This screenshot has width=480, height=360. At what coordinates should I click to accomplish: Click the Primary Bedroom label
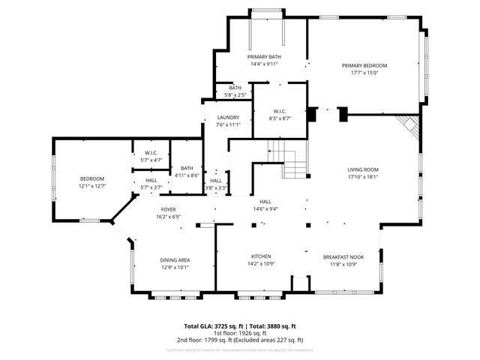[364, 66]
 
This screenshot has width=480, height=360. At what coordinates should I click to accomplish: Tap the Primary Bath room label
[264, 57]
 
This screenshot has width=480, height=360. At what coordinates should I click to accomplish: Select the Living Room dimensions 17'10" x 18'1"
[362, 177]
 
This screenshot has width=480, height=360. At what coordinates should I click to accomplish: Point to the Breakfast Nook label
[343, 256]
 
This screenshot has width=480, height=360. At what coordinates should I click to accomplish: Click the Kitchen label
[260, 256]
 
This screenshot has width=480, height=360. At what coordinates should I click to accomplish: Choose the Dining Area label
[174, 260]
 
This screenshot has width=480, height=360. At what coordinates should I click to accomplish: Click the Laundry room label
[228, 118]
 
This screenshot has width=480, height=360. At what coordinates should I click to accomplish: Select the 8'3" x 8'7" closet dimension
[279, 118]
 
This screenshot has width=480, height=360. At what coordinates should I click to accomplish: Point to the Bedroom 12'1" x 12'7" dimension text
[93, 185]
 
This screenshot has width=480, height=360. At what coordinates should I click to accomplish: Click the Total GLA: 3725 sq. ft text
[213, 326]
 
